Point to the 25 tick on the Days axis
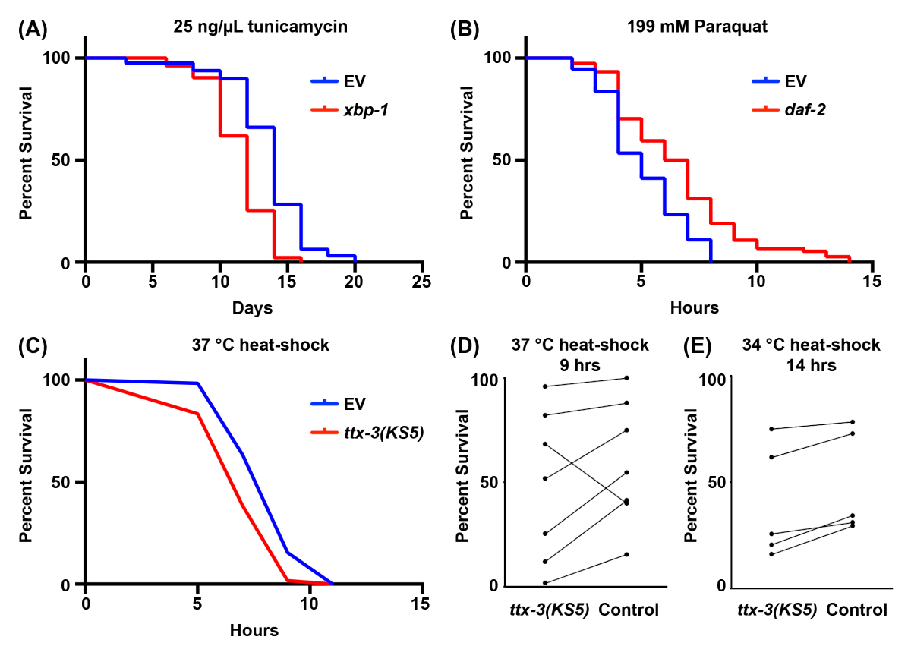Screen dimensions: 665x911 pyautogui.click(x=422, y=281)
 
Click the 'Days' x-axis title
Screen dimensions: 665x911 pyautogui.click(x=253, y=309)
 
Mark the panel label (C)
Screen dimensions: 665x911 pyautogui.click(x=33, y=345)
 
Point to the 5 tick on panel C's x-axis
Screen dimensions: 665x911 pyautogui.click(x=197, y=603)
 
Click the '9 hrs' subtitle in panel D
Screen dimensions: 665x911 pyautogui.click(x=578, y=365)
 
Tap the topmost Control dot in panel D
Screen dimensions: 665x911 pyautogui.click(x=626, y=378)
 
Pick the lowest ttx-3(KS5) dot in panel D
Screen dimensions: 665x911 pyautogui.click(x=545, y=583)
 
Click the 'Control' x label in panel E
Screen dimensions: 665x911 pyautogui.click(x=856, y=610)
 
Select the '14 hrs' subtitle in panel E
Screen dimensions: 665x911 pyautogui.click(x=811, y=365)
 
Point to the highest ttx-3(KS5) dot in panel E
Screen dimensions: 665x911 pyautogui.click(x=772, y=430)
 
